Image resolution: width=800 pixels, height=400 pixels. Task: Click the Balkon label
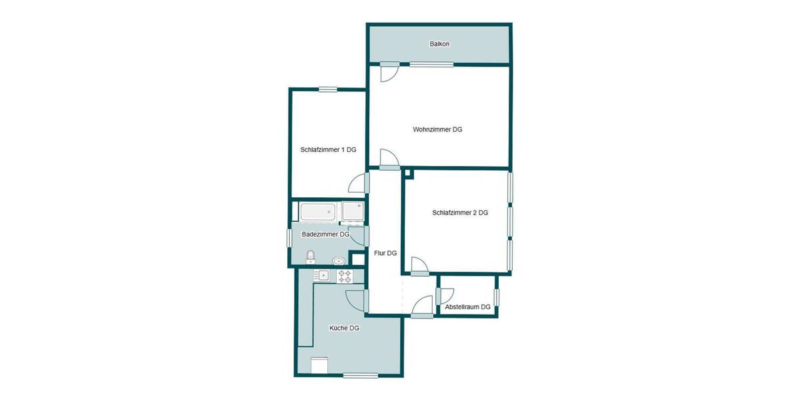coord(439,44)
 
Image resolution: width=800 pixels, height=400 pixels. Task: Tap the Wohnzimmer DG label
coord(437,129)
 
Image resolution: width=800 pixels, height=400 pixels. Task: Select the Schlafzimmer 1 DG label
coord(328,150)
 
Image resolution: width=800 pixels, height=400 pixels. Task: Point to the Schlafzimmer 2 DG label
coord(460,213)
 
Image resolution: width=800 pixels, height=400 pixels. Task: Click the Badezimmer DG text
coord(325,235)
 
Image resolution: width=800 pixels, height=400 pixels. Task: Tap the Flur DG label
coord(385,253)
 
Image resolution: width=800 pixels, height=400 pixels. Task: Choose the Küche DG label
coord(344,328)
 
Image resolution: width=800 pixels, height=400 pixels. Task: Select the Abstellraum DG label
coord(467,307)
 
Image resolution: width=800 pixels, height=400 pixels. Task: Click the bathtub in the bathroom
coord(317,213)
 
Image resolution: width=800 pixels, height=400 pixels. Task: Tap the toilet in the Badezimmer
coord(310,257)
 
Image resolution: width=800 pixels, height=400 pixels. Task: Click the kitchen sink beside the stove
coord(322,275)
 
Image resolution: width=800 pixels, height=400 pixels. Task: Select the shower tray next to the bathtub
coord(353,212)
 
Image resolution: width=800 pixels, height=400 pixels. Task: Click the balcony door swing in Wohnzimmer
coord(389,72)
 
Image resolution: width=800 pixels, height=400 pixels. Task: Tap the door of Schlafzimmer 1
coord(358,183)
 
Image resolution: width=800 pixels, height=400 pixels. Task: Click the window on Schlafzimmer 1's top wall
coord(327,89)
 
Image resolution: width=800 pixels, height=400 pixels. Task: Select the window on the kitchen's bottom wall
coord(360,375)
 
